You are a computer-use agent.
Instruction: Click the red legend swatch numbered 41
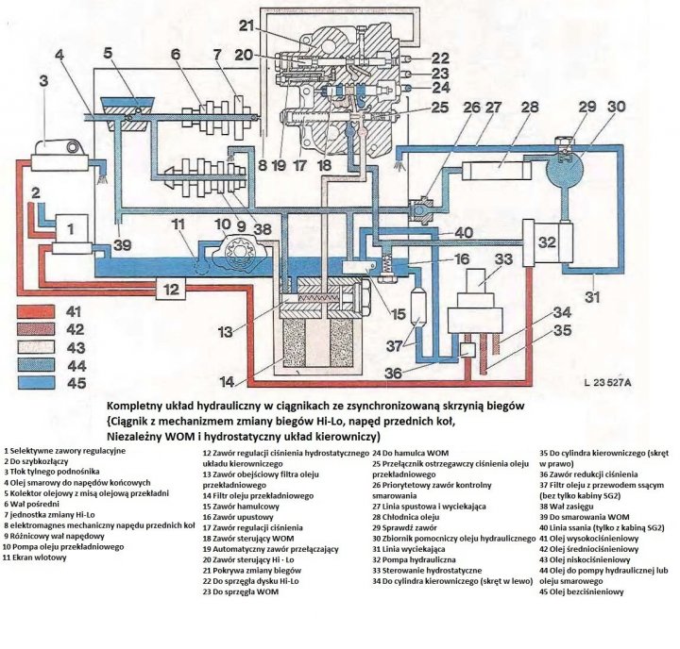[x=38, y=310]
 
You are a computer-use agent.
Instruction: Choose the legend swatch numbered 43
[x=38, y=346]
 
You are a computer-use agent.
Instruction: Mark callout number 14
[x=225, y=381]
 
